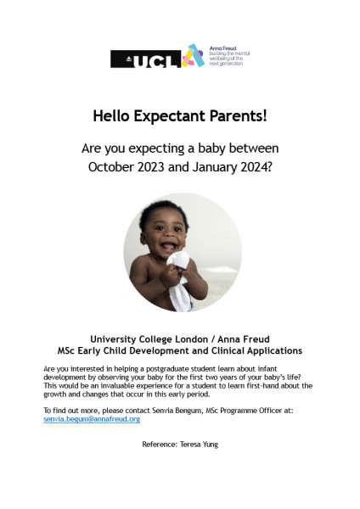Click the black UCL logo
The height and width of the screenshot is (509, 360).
tap(144, 59)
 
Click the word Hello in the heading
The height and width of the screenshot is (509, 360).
tap(116, 115)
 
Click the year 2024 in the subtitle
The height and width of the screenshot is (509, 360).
tap(255, 167)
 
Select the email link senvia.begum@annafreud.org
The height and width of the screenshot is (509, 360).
tap(92, 419)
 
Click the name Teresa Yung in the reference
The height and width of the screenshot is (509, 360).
tap(200, 444)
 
